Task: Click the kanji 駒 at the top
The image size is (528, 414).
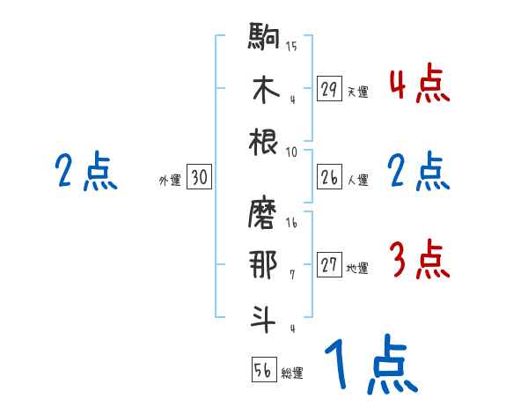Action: tap(265, 39)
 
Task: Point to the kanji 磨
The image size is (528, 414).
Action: tap(265, 215)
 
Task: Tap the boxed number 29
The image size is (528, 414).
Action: tap(329, 89)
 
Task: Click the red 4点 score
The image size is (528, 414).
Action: tap(418, 86)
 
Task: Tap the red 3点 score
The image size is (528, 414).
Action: tap(418, 262)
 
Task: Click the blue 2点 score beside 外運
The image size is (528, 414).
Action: tap(85, 172)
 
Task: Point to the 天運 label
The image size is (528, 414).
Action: tap(357, 92)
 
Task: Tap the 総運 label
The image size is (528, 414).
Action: tap(292, 373)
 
